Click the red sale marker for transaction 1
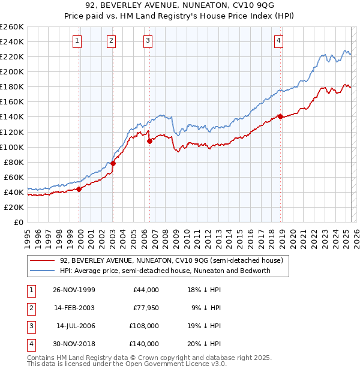tap(79, 189)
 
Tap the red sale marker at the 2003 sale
tap(113, 163)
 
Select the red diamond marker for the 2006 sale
tap(149, 141)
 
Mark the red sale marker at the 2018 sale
tap(280, 117)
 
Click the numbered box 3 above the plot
tap(148, 41)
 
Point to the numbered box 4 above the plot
tap(279, 41)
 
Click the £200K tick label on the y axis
tap(11, 71)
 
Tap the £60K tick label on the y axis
tap(13, 177)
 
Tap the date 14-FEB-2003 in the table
tap(74, 308)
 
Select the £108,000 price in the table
tap(144, 326)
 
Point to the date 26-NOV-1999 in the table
tap(74, 290)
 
